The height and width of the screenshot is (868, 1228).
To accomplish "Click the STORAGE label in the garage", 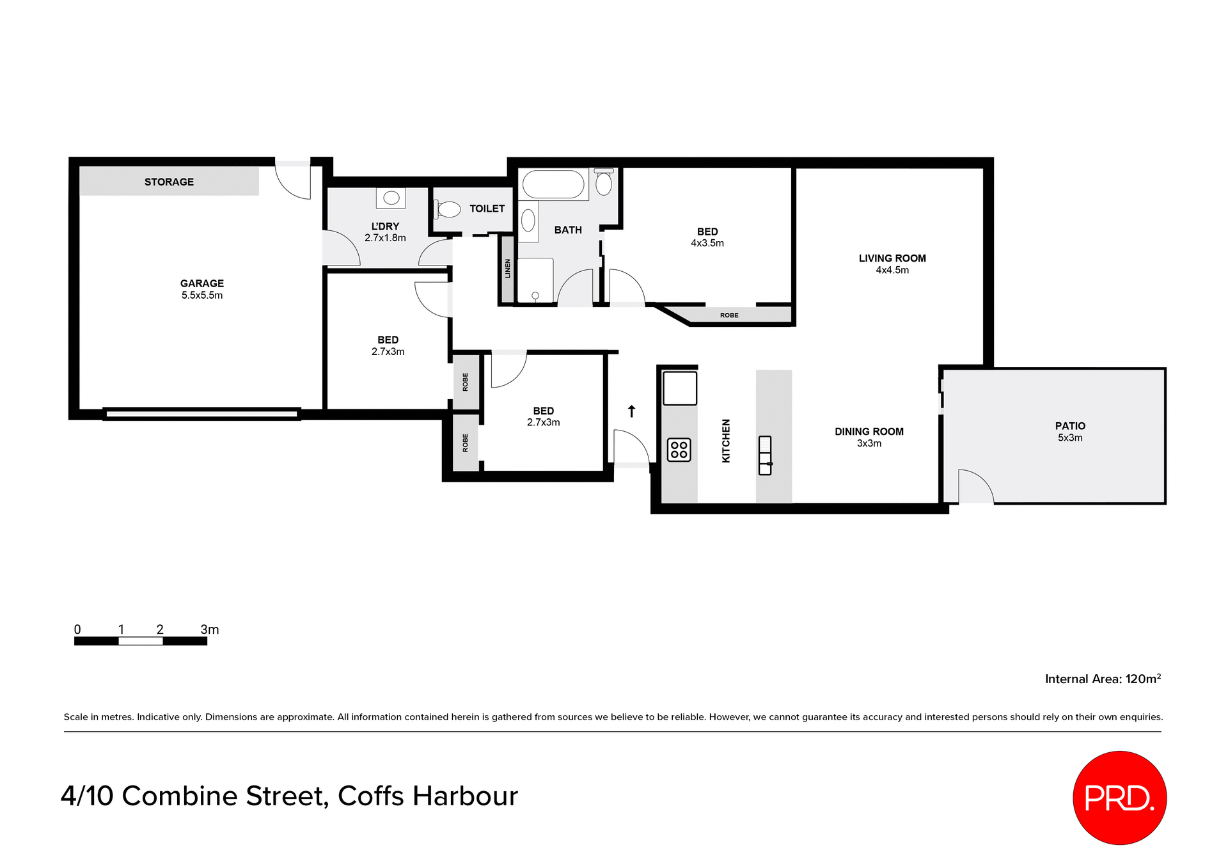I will (169, 182).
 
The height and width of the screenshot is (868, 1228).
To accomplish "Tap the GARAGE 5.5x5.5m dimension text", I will (202, 296).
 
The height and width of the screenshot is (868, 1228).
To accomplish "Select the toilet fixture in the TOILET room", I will (448, 209).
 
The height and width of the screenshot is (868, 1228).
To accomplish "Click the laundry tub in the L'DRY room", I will (391, 198).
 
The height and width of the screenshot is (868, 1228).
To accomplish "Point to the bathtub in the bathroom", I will (553, 184).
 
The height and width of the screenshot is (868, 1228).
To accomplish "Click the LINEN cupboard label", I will (508, 269).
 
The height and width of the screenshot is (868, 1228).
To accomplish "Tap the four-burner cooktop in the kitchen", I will (679, 450).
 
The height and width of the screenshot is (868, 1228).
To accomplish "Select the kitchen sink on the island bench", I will (765, 455).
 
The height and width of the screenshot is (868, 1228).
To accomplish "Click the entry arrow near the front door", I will (631, 411).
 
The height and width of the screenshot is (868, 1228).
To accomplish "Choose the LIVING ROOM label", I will (892, 258).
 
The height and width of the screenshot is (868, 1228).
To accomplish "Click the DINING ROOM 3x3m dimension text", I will (869, 443).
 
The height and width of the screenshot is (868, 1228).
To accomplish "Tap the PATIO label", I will (1070, 426).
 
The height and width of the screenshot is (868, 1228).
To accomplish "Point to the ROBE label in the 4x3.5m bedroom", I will (729, 315).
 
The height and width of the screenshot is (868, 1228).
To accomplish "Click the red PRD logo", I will (1119, 798).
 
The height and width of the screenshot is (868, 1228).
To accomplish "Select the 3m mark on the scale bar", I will (209, 630).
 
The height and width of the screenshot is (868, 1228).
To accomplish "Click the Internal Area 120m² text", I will (1103, 679).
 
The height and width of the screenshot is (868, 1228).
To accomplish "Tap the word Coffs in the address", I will (371, 796).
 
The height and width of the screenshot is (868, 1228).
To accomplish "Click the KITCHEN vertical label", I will (726, 441).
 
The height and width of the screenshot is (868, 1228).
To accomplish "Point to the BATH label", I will (568, 230).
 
